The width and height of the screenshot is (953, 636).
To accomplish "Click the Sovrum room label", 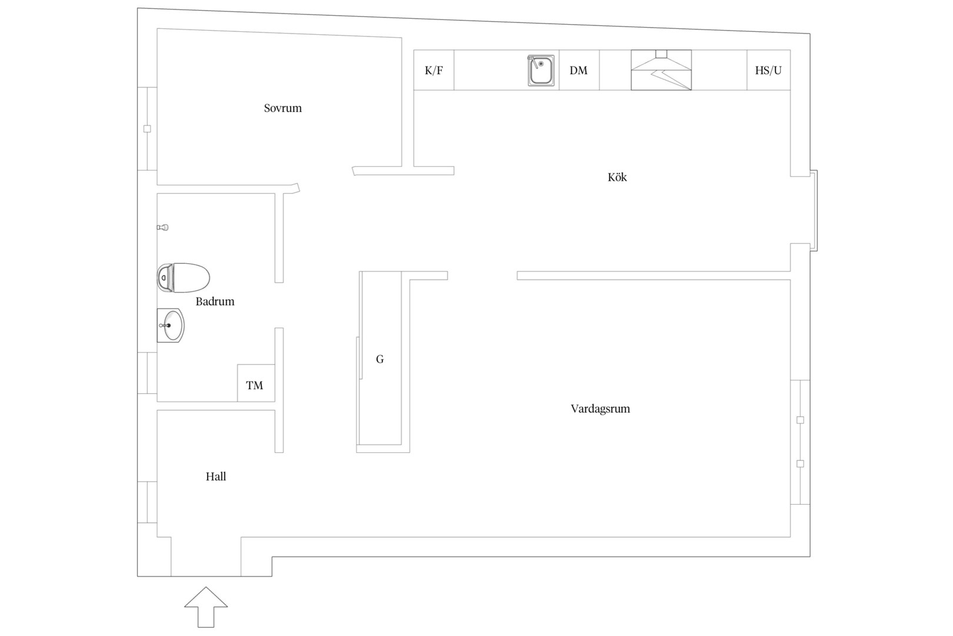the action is click(282, 108).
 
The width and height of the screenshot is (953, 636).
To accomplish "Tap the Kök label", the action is click(617, 177).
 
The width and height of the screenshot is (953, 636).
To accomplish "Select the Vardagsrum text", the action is click(600, 409).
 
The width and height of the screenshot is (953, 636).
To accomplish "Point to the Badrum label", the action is click(215, 302).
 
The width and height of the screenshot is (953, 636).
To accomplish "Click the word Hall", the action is click(216, 476).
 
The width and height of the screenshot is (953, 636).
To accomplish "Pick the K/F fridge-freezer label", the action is click(434, 70).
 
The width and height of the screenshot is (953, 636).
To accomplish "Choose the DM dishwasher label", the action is click(578, 70).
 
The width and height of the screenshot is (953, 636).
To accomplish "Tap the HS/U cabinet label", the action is click(768, 70).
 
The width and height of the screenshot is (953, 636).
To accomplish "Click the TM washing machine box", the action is click(256, 383).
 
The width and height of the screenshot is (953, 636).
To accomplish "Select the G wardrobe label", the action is click(380, 360).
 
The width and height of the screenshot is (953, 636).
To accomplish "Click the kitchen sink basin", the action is click(541, 70).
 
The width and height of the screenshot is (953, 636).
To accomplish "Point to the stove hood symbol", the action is click(661, 70).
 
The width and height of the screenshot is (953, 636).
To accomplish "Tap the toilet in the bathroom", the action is click(184, 278).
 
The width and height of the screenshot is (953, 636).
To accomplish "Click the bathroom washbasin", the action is click(171, 326).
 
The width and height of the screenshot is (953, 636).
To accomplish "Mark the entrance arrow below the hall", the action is click(206, 607).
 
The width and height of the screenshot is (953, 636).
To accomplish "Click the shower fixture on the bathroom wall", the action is click(162, 227).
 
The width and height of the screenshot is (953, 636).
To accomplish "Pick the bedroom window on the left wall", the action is click(147, 128).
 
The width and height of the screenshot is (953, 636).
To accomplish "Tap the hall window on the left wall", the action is click(147, 502).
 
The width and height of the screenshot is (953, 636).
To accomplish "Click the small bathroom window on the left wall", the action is click(147, 373).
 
